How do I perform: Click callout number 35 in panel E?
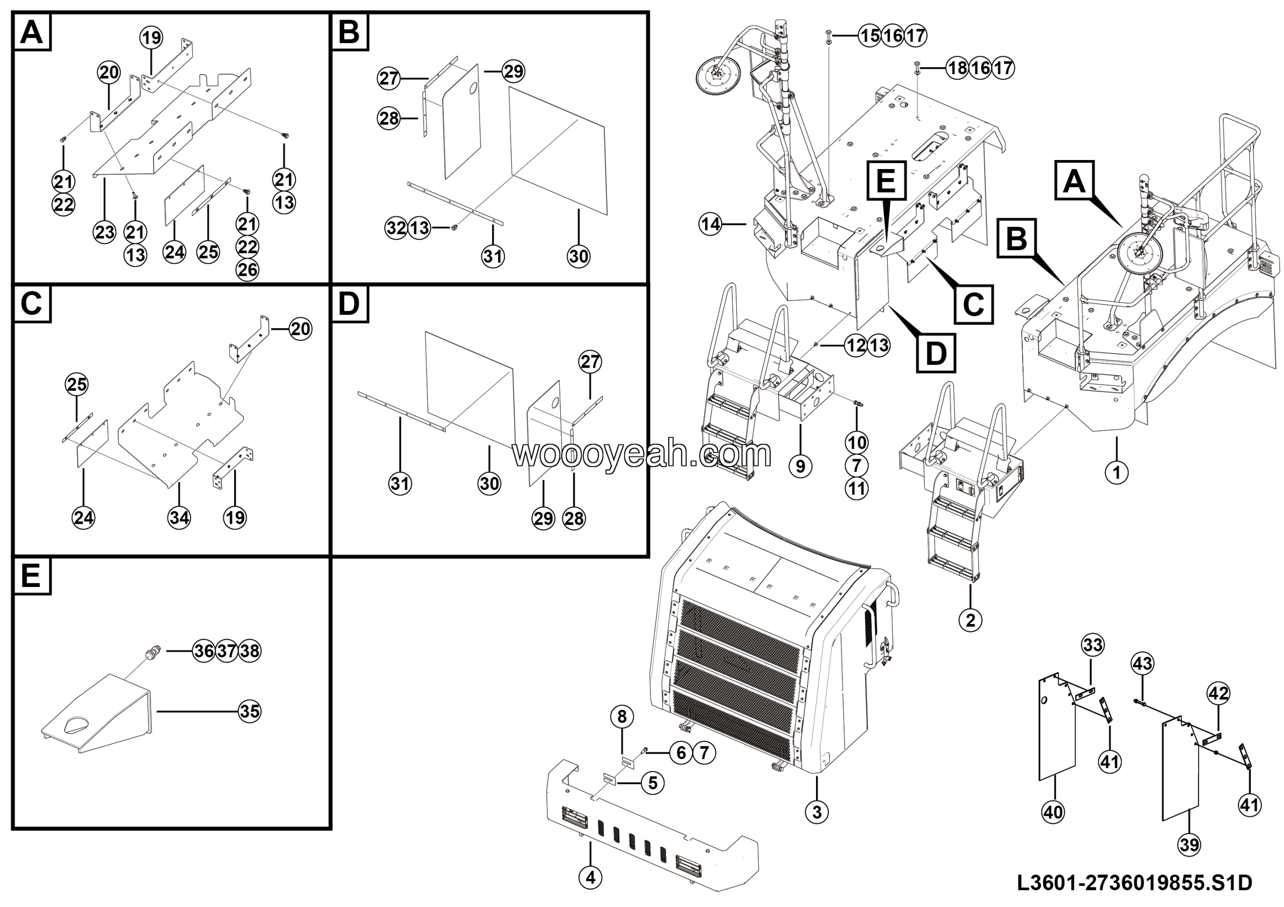pos(249,711)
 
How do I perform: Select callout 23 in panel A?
pos(105,232)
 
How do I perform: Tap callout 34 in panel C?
pos(179,517)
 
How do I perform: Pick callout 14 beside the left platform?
pos(710,225)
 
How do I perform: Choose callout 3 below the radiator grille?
pos(817,811)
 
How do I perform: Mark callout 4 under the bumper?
pos(590,878)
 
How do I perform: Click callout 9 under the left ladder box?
pos(800,466)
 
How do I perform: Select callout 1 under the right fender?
pos(1117,473)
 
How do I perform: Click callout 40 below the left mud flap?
pos(1054,811)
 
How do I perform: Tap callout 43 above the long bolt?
pos(1142,664)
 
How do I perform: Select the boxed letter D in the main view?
pos(936,353)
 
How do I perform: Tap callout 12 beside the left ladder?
pos(856,345)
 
